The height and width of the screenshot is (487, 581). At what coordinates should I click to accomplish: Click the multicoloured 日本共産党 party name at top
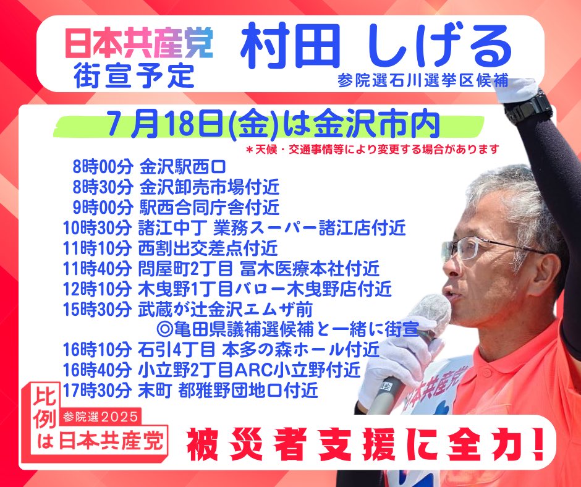point(139,43)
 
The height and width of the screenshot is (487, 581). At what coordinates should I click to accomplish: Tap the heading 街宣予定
point(134,75)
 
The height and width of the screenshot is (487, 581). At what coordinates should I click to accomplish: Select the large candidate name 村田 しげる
point(376,46)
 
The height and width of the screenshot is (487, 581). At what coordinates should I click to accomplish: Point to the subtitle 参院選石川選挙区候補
point(423,80)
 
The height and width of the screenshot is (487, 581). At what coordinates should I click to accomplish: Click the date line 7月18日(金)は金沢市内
point(273,124)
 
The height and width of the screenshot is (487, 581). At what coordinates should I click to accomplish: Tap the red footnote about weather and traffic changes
point(372,150)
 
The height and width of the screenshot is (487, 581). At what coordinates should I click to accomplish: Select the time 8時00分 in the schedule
point(103,167)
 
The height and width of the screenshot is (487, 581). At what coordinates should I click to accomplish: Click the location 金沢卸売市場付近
point(210,187)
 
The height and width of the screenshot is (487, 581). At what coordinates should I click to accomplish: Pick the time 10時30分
point(97,228)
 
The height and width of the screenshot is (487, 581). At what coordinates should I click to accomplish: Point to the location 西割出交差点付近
point(208,248)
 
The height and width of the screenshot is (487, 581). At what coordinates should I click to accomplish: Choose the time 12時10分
point(97,289)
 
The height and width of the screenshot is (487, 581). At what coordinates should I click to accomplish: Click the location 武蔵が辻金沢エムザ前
point(225,309)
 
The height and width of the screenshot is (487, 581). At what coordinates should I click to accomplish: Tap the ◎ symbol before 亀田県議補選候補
point(163,329)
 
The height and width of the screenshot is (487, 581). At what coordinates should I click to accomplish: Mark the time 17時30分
point(97,390)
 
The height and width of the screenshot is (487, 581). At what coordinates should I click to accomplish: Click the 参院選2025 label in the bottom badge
point(100,417)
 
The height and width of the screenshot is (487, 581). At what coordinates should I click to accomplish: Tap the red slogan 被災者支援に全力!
point(364,444)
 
